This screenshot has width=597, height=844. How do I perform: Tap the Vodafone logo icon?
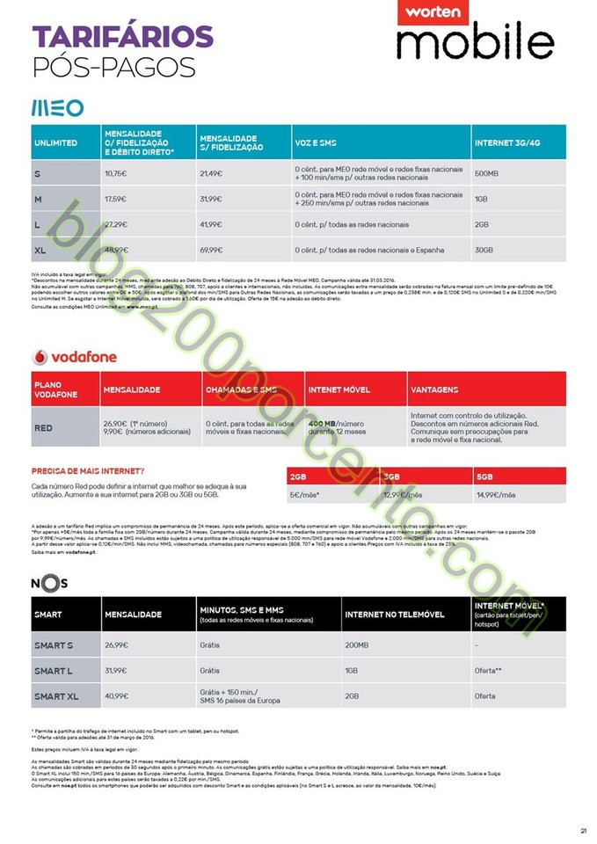tap(39, 357)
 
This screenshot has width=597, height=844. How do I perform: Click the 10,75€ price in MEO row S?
tap(116, 173)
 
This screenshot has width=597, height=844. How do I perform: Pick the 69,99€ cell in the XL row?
tap(212, 250)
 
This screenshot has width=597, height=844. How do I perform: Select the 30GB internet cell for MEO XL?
tap(484, 250)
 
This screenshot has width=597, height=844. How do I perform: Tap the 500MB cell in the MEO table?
tap(486, 173)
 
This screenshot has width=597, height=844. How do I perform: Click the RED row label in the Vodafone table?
tap(43, 428)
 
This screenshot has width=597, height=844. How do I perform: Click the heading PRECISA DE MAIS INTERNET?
tap(88, 471)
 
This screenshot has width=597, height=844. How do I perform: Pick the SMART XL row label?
tap(55, 696)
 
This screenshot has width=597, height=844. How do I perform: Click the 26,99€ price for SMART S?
tap(117, 645)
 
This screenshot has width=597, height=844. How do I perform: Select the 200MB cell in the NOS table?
tap(358, 645)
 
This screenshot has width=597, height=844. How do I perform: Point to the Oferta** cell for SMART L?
tap(486, 671)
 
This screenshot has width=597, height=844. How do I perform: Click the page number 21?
tap(583, 827)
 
